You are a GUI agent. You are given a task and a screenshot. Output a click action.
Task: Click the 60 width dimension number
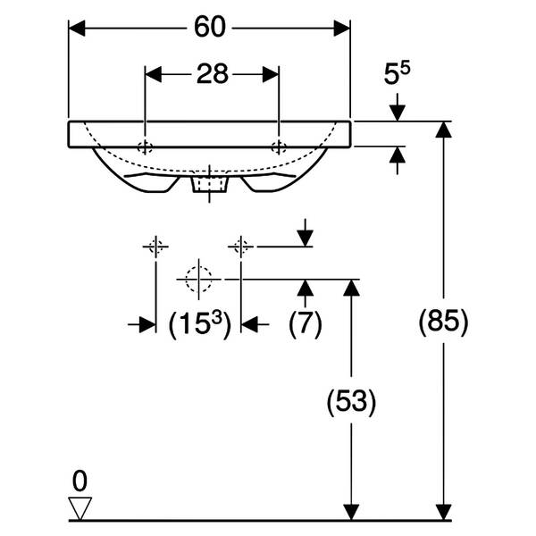[x=210, y=27]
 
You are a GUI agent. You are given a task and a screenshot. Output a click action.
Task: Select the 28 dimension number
[x=213, y=74]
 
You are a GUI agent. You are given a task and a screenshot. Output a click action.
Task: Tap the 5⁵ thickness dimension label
[x=397, y=73]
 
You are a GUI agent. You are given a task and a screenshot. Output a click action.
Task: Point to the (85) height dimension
[x=443, y=322]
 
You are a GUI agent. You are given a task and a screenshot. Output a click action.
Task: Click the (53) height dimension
[x=351, y=402]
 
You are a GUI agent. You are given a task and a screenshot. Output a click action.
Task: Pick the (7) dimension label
[x=306, y=324]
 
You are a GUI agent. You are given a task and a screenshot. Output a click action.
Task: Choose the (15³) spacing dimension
[x=200, y=324]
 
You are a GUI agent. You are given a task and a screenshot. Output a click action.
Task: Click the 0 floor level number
[x=80, y=482]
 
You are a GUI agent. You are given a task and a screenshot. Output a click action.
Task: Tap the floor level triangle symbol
[x=80, y=508]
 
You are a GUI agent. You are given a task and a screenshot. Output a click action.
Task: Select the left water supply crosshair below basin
[x=155, y=247]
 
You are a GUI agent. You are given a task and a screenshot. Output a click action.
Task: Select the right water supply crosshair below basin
[x=241, y=247]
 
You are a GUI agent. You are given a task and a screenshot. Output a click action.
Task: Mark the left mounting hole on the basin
[x=145, y=147]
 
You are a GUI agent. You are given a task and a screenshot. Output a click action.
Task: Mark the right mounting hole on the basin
[x=279, y=147]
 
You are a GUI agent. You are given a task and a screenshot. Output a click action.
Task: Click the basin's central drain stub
[x=210, y=184]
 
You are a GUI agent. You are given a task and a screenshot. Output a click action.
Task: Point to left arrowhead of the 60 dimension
[x=77, y=28]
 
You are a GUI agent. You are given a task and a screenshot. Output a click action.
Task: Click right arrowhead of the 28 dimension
[x=271, y=74]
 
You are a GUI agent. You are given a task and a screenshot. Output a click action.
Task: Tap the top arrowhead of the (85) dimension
[x=443, y=130]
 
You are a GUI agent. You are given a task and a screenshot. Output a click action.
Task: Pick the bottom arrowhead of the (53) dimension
[x=351, y=512]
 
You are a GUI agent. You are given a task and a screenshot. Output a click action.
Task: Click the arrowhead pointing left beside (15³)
[x=249, y=324]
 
